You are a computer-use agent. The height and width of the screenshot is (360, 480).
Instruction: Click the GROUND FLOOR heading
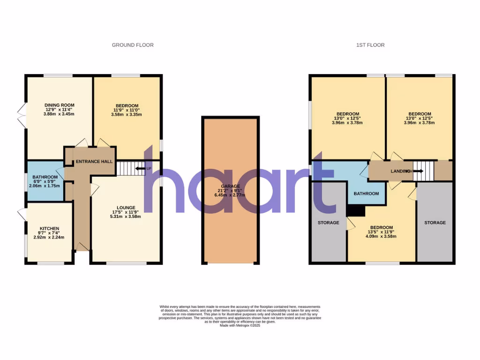coord(133,45)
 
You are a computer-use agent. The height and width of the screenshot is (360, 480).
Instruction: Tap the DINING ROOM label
coord(60,105)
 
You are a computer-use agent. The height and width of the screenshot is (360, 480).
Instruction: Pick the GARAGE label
coord(230,186)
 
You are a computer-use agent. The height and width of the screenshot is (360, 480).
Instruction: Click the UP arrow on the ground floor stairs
coord(140,168)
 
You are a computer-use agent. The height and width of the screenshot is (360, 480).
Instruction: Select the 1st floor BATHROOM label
coord(366,194)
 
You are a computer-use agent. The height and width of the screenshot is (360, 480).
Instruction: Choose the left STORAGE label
coord(328,223)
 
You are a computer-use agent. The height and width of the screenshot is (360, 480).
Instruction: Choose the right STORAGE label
coord(435,223)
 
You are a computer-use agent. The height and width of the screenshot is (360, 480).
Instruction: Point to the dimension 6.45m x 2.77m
coord(230,195)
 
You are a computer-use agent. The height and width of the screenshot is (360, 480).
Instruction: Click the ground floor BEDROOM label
coord(127,105)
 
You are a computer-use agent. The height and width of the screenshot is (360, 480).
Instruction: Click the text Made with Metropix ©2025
coord(240,325)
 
